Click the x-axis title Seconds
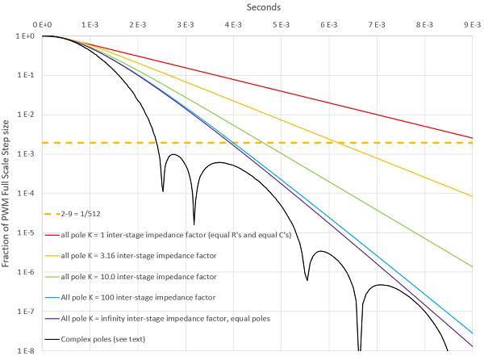pyautogui.click(x=262, y=7)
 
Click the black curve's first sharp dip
pyautogui.click(x=163, y=190)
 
